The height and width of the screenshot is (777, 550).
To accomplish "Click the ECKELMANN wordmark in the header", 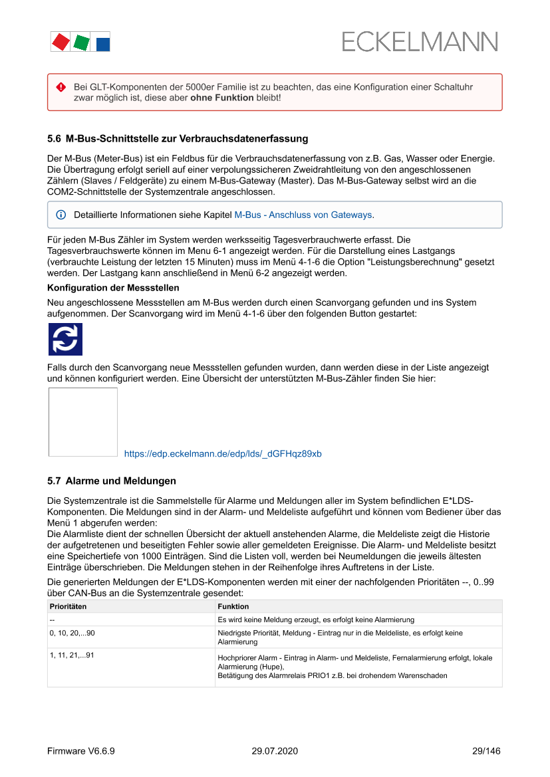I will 420,42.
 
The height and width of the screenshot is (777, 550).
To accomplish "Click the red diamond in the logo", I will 61,42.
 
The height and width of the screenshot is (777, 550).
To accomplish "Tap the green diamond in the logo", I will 82,43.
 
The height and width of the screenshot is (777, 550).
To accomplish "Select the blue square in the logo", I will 103,45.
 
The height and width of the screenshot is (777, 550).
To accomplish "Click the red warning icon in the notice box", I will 61,87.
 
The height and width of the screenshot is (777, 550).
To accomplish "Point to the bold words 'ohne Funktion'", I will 222,98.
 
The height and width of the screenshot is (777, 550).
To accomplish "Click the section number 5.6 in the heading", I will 54,139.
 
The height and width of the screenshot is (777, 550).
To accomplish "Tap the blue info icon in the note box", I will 61,215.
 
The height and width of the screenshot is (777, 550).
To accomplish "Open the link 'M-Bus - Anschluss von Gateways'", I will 303,215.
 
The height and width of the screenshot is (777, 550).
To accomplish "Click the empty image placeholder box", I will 83,422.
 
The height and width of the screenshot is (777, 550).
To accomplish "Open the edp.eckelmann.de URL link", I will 223,454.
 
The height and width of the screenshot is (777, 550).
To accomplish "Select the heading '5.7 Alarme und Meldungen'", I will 112,481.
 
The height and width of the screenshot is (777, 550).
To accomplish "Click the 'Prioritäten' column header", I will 69,607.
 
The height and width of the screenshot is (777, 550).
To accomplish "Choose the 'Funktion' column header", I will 233,607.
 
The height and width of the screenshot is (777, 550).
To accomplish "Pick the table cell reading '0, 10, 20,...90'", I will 76,633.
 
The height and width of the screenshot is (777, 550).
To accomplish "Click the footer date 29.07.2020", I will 275,751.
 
